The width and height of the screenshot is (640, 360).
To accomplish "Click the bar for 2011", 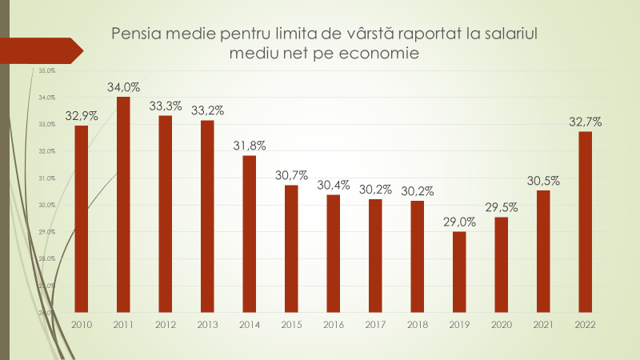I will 123,204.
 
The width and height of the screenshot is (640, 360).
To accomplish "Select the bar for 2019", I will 459,271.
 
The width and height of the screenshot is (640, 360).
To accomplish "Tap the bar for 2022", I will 585,222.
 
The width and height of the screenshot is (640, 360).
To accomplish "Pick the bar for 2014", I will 250,234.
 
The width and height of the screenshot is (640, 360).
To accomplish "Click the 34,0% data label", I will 123,87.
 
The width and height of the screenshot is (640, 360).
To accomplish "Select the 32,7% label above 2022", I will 585,122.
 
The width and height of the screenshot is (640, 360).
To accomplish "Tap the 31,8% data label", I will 250,146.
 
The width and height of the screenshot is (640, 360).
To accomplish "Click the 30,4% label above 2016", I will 334,185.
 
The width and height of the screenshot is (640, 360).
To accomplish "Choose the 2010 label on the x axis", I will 82,325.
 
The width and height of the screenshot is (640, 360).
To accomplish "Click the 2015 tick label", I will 291,325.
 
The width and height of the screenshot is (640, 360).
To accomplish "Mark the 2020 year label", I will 501,325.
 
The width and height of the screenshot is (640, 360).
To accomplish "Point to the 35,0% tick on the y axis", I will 46,70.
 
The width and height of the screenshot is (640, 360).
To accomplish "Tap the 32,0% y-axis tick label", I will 46,151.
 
